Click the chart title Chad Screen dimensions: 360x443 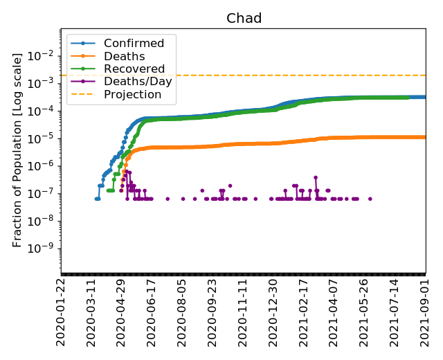[244, 19]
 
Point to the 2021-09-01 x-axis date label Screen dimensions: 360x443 [425, 311]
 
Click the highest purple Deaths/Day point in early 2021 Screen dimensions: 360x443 [316, 177]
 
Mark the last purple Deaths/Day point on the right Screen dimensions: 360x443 [370, 199]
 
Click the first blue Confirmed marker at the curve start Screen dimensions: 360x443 [97, 199]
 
